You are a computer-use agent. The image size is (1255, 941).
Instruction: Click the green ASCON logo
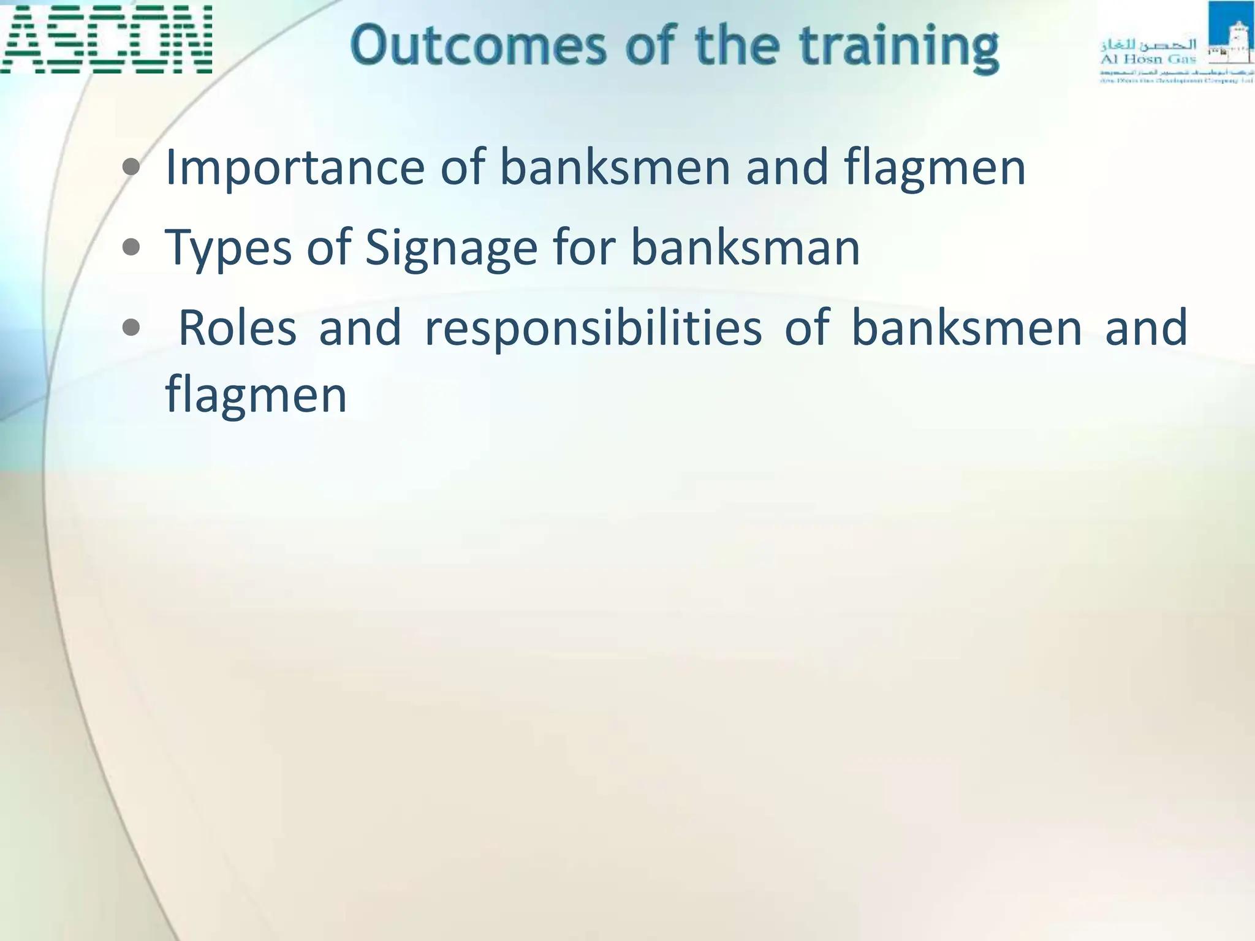(x=106, y=39)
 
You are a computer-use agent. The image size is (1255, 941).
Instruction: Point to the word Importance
(x=295, y=167)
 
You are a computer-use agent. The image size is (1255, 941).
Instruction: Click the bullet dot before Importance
(x=131, y=167)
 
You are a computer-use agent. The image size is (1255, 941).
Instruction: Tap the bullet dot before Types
(x=131, y=248)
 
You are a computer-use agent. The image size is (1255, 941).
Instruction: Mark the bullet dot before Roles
(x=131, y=328)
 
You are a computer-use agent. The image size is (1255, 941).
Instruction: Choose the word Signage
(x=451, y=249)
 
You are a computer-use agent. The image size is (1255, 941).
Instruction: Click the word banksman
(x=745, y=248)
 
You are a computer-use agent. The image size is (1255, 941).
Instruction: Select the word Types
(x=228, y=249)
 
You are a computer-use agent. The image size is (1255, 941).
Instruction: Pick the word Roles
(x=237, y=328)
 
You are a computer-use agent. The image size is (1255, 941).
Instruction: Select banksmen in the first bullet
(x=615, y=167)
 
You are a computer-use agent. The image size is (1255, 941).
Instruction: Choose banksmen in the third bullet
(x=966, y=328)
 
